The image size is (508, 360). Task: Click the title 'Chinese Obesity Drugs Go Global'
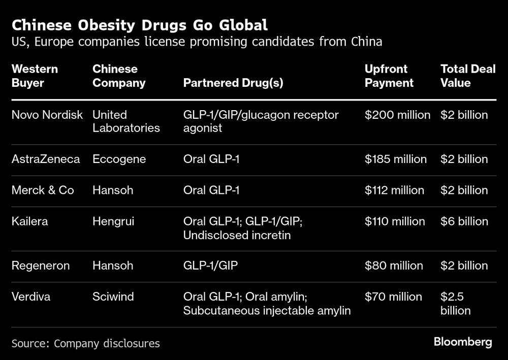[x=140, y=25]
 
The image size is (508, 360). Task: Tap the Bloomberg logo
[x=463, y=342]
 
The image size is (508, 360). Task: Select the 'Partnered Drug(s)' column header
[x=233, y=83]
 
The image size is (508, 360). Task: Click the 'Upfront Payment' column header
[x=389, y=76]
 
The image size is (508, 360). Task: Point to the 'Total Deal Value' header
[x=467, y=76]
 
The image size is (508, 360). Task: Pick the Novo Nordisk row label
[x=47, y=115]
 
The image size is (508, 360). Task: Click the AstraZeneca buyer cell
[x=46, y=159]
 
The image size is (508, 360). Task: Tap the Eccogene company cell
[x=119, y=159]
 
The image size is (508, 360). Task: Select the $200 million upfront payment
[x=397, y=115]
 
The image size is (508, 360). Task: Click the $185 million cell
[x=396, y=159]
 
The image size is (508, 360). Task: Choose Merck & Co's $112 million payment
[x=394, y=190]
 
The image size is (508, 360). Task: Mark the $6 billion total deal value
[x=464, y=221]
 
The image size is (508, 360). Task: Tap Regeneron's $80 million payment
[x=394, y=266]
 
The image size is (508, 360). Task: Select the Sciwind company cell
[x=113, y=297]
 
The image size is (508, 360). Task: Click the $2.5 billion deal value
[x=455, y=303]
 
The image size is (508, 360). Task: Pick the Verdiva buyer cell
[x=31, y=297]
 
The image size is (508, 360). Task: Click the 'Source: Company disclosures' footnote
[x=85, y=344]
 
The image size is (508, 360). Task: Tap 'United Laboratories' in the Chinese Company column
[x=125, y=121]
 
